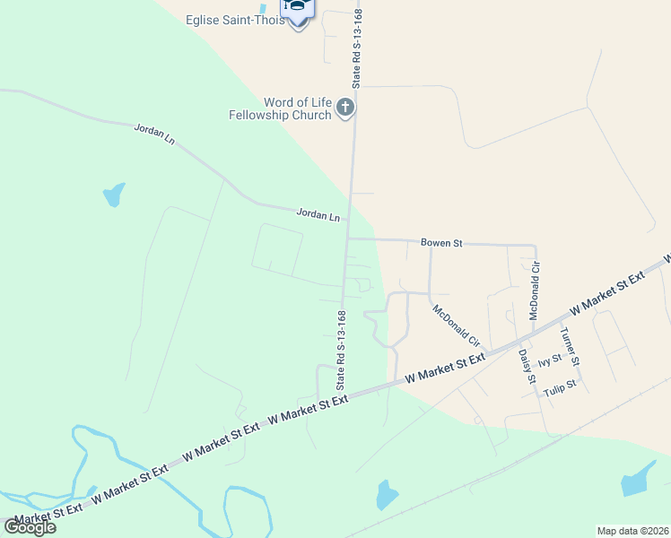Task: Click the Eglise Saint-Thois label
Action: (235, 21)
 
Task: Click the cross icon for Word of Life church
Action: (345, 109)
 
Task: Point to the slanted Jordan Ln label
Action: (154, 135)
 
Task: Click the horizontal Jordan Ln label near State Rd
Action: (318, 216)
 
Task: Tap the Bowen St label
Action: (441, 243)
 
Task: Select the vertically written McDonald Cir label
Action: (536, 291)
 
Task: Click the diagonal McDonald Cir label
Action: (457, 326)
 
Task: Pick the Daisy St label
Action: (526, 367)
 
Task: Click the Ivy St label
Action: (549, 360)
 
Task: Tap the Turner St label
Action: (570, 346)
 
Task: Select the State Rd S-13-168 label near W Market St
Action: (341, 349)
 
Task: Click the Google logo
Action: (30, 527)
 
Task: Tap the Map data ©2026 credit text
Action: (632, 531)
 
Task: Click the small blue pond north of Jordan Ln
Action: (114, 194)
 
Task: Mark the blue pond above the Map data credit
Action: (639, 480)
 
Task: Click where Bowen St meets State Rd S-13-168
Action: (348, 239)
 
